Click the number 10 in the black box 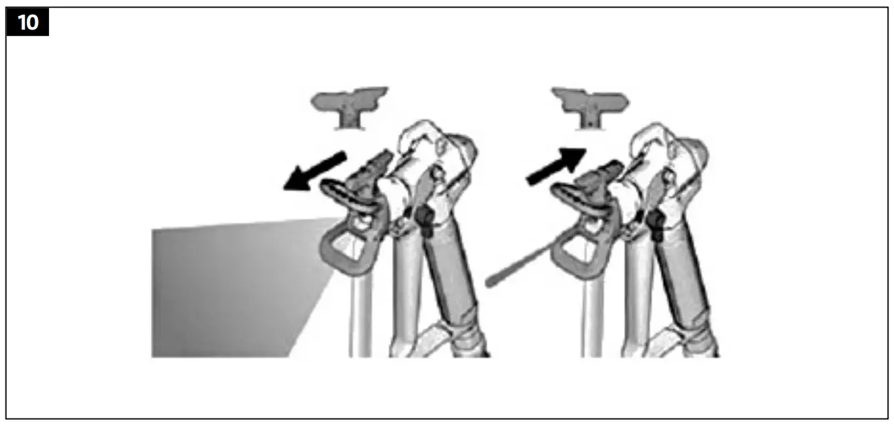28,22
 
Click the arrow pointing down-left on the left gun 314,172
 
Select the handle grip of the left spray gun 451,276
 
